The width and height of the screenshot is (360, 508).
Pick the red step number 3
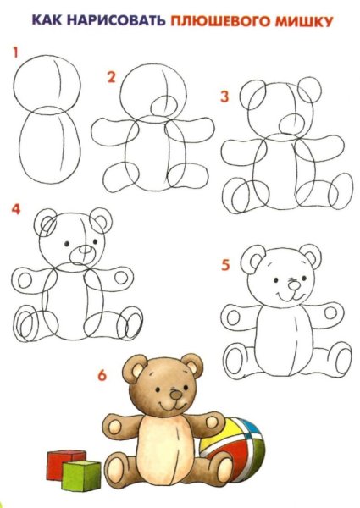pyautogui.click(x=224, y=97)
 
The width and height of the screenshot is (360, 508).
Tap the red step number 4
pyautogui.click(x=16, y=208)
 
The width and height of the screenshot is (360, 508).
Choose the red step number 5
pyautogui.click(x=224, y=264)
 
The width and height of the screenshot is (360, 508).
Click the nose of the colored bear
pyautogui.click(x=175, y=394)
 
